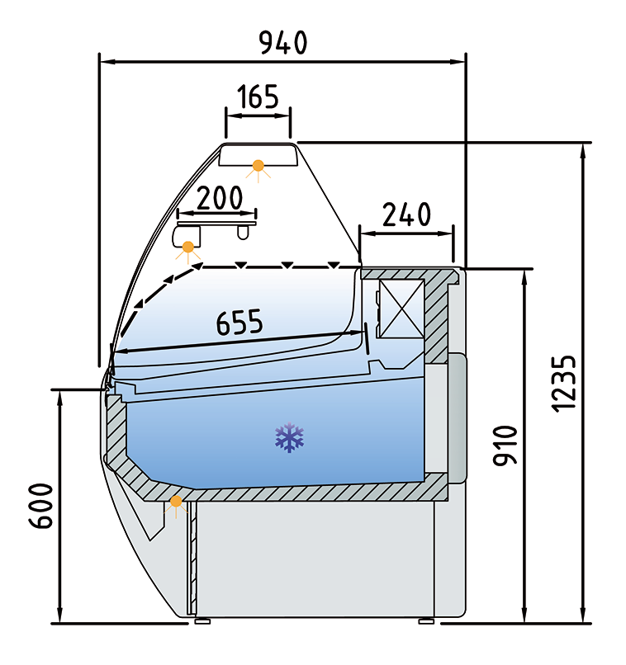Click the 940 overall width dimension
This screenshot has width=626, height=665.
click(283, 42)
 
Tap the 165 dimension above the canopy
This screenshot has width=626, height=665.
click(258, 98)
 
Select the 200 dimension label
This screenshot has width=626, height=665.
click(210, 198)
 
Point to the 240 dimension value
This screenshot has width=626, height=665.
click(406, 215)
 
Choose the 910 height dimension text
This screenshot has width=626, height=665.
click(505, 446)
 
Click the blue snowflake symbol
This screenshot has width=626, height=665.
click(290, 438)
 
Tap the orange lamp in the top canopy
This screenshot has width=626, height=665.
click(259, 167)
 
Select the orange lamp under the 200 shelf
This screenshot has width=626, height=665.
click(189, 246)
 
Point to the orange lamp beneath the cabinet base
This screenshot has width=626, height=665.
click(175, 502)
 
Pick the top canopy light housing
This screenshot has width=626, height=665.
click(259, 155)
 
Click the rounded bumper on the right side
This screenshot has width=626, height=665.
click(458, 417)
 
